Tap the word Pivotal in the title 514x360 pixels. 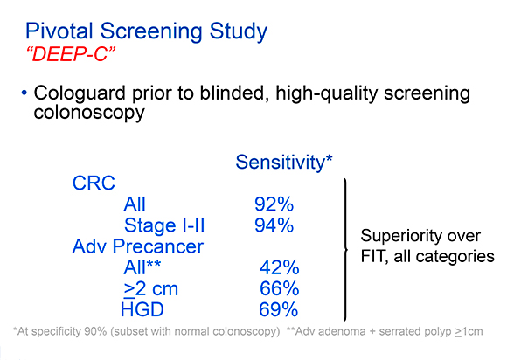(x=59, y=31)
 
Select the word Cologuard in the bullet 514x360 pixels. (x=80, y=93)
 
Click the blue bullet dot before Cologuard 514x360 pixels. (x=24, y=93)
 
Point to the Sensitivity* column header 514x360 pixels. (x=284, y=162)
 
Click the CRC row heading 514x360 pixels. (x=94, y=183)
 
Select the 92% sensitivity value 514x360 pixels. (x=274, y=204)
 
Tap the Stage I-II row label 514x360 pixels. (x=164, y=225)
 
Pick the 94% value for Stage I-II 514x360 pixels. (x=274, y=225)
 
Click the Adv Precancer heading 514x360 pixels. (x=138, y=246)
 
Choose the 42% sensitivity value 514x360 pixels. (x=280, y=267)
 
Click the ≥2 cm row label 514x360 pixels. (x=151, y=289)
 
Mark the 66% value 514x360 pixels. (x=280, y=288)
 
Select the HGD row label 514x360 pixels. (x=142, y=309)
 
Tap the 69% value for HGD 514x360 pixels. (x=279, y=309)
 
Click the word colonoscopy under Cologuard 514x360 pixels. (x=89, y=113)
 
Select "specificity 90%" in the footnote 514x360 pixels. (x=69, y=331)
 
